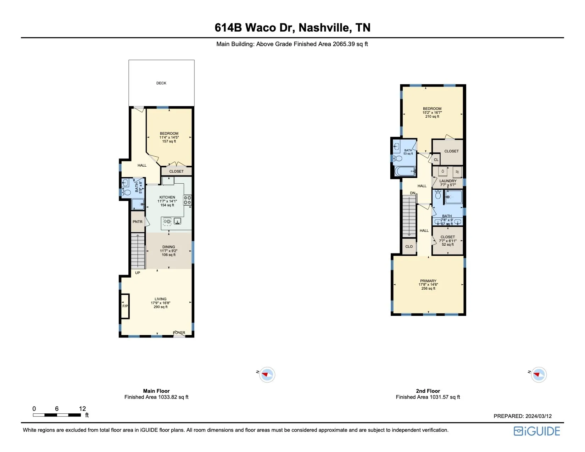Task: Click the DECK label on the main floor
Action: pos(161,83)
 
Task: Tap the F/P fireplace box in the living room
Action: pos(125,306)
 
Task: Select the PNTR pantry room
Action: pos(138,222)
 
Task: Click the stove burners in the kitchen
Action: pos(187,200)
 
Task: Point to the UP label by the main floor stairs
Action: pos(138,273)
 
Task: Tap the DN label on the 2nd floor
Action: pos(413,193)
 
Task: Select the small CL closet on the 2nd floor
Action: pos(436,160)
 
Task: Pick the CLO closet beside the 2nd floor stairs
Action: pos(409,246)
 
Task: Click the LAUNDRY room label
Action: pos(448,181)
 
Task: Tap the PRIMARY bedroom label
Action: pos(428,281)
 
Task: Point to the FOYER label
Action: pos(179,333)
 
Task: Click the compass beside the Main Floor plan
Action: pos(267,374)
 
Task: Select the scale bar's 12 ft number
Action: pos(82,409)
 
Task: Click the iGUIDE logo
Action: pos(537,431)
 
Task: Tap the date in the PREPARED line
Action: pos(539,416)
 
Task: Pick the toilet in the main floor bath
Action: pos(126,192)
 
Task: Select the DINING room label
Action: pos(168,247)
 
